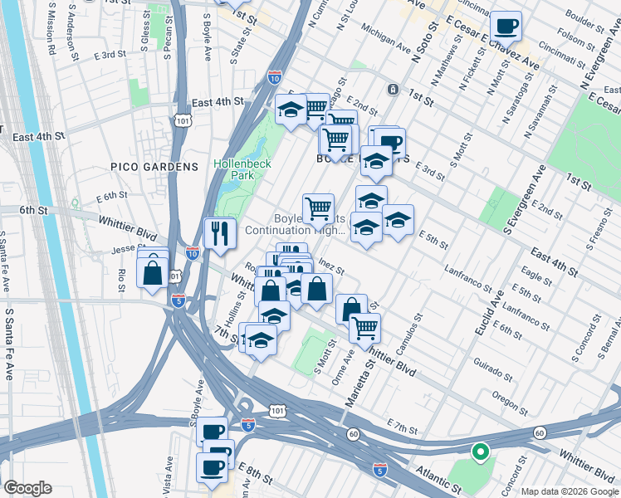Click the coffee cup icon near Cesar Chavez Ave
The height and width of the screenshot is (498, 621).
[505, 26]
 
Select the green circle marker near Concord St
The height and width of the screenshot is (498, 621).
[479, 452]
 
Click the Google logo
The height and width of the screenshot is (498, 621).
[28, 489]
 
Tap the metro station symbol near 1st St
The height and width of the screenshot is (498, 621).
[392, 90]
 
